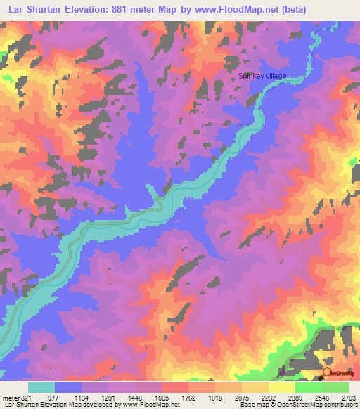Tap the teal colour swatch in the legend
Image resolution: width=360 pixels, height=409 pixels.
[41, 387]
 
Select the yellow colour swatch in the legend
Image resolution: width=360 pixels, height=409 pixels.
[281, 387]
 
